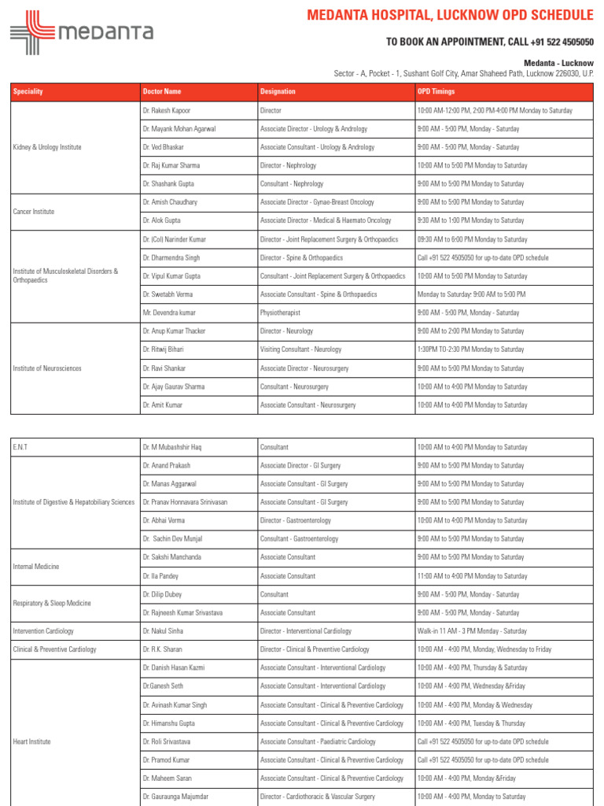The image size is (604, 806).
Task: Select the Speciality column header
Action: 28,92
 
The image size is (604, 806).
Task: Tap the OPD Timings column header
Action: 436,92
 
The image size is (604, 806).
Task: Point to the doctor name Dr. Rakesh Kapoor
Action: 167,111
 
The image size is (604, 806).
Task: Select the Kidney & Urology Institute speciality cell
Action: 47,147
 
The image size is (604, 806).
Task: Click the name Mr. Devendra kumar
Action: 168,312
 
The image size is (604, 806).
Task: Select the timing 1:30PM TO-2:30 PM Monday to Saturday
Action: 470,349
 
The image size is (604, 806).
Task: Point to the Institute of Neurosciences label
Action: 47,368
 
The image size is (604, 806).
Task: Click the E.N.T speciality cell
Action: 20,447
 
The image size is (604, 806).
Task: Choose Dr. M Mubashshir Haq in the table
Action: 172,447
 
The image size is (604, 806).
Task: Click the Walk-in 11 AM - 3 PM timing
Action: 472,631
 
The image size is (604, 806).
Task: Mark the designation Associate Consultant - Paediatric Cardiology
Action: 318,741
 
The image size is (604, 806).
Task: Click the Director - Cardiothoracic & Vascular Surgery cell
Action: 318,797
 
